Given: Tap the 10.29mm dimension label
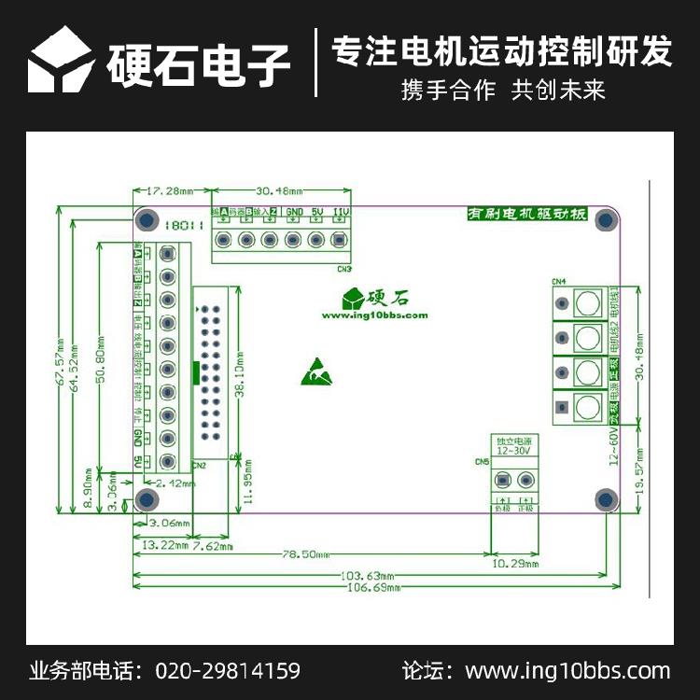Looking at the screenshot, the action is coord(514,564).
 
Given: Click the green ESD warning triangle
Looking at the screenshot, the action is coord(315,371).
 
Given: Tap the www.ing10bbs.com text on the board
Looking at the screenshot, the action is coord(374,315).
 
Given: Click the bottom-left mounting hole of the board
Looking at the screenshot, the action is coord(146,499).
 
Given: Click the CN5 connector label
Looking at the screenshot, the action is coord(482,462).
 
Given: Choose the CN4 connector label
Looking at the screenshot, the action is coord(559,281).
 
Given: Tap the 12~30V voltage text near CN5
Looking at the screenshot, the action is coord(513,450).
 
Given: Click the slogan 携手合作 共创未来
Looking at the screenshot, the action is coord(503,91).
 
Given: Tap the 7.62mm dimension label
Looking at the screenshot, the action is coord(213,546).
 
